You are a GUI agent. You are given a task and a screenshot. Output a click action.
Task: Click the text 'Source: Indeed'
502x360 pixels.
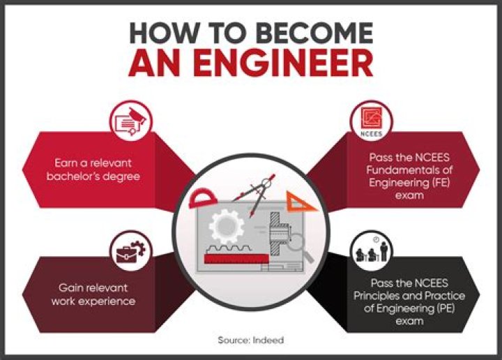tap(250, 340)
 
